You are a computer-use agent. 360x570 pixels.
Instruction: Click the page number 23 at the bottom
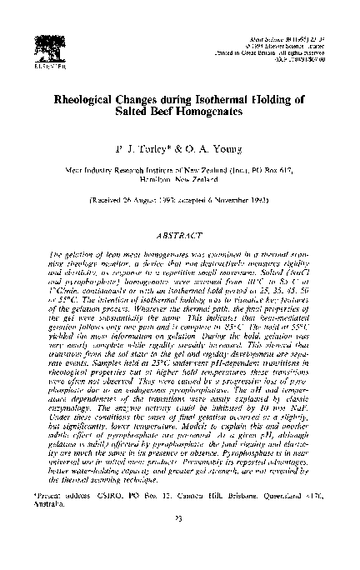point(180,542)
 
